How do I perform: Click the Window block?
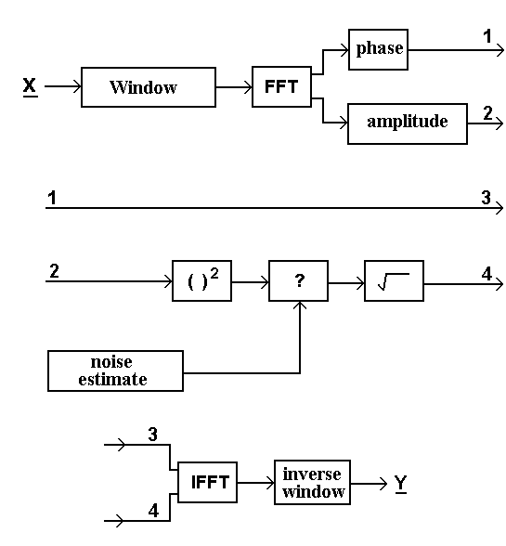[x=149, y=87]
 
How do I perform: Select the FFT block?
[x=281, y=86]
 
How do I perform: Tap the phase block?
[x=378, y=49]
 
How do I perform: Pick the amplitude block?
[x=408, y=123]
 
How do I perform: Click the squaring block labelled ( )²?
[x=202, y=280]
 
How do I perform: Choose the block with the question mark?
[x=298, y=280]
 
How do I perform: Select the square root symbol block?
[x=395, y=280]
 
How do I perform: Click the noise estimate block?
[x=116, y=370]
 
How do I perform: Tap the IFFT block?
[x=208, y=482]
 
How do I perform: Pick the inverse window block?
[x=312, y=482]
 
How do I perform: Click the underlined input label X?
[x=31, y=86]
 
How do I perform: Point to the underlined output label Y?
[x=401, y=484]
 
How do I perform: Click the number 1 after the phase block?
[x=487, y=36]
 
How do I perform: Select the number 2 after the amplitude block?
[x=487, y=113]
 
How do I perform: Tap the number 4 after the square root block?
[x=487, y=274]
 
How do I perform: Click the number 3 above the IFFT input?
[x=153, y=435]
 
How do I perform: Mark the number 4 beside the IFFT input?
[x=153, y=511]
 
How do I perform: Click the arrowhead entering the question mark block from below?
[x=300, y=305]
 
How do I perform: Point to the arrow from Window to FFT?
[x=234, y=87]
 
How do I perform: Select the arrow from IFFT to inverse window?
[x=255, y=483]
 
